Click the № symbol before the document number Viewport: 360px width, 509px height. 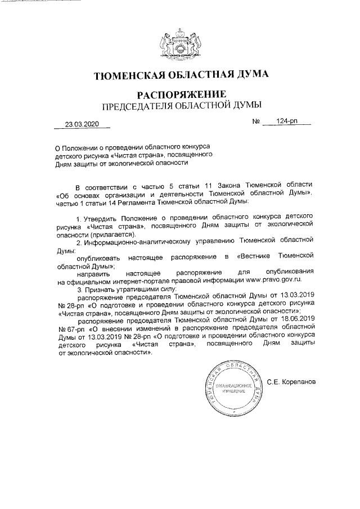(256, 122)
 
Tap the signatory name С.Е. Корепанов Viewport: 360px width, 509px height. (292, 382)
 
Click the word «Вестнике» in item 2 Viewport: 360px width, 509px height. (258, 256)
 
